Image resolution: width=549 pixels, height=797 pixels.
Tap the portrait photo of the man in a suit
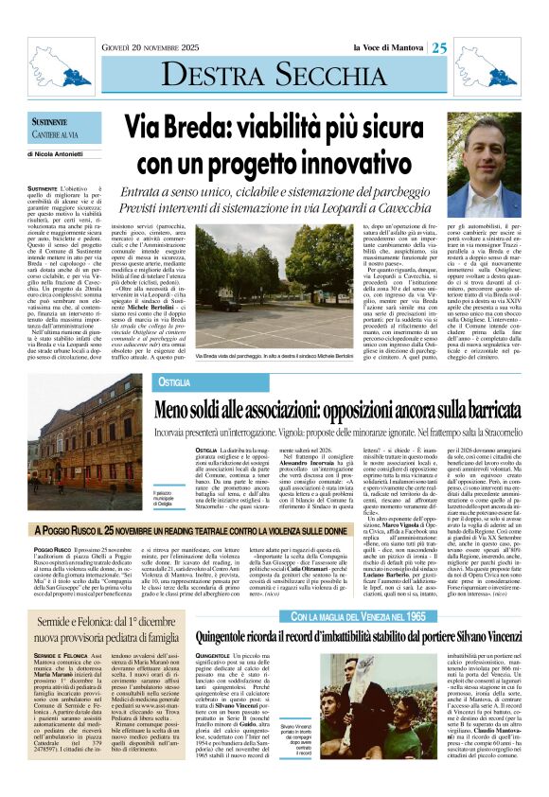(x=485, y=170)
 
